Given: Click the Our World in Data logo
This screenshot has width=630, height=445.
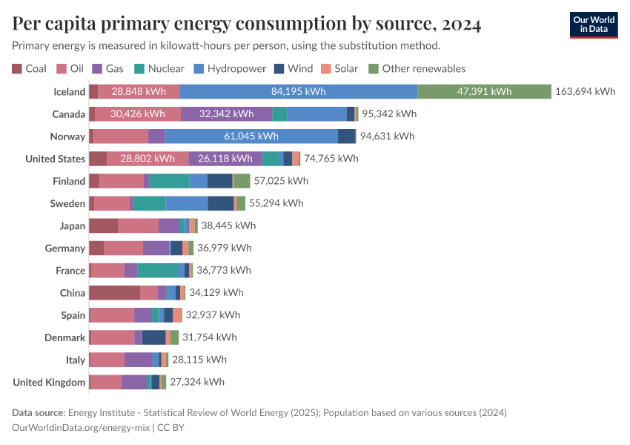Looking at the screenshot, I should coord(593,24).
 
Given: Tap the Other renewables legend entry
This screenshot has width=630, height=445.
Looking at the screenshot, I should coord(417,68).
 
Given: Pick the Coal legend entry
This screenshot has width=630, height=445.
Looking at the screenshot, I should coord(29,68).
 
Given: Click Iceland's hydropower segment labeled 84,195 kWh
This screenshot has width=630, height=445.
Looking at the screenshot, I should coord(298,92).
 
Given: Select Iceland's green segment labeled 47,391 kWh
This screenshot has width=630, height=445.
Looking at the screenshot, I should coord(484,92).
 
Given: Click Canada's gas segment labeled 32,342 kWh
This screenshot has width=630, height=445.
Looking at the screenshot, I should coord(226,114).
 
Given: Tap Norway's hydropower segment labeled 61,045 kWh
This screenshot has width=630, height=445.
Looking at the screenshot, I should coord(251,136).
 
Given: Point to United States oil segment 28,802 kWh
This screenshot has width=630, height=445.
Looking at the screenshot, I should coord(147,159).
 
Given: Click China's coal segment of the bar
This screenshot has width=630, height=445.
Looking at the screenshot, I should coord(114,293).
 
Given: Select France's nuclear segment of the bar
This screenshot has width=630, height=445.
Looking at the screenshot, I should coord(157,271).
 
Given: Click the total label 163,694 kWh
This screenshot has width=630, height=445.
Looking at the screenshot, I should coord(585,92).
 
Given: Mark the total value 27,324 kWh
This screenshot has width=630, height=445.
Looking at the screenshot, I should coord(197,382).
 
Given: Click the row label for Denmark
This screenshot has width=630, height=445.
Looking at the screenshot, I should coord(65,337).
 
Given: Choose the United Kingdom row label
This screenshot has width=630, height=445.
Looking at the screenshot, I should coord(50,382).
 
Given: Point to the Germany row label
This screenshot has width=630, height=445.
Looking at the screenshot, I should coord(65,248).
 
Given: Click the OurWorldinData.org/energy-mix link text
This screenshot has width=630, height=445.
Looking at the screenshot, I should coord(82,427).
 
